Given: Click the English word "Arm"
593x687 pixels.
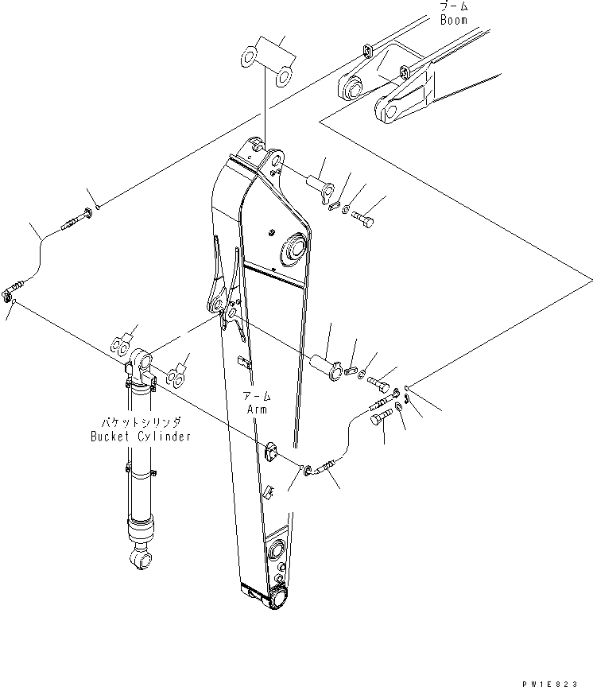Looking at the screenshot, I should tap(257, 409).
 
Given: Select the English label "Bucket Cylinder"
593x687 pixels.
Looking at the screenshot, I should tap(140, 437).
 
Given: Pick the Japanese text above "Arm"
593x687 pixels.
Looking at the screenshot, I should tap(258, 397).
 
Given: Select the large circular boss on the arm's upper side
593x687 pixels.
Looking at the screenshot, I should tap(293, 247).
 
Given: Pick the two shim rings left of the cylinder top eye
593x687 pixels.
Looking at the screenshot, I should tap(121, 346).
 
